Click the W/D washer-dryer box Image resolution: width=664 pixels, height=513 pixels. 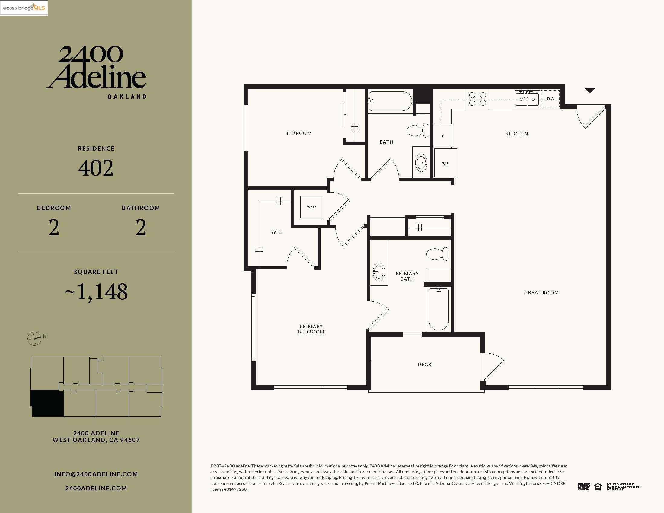click(311, 207)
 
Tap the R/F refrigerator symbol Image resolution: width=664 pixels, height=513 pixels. click(445, 163)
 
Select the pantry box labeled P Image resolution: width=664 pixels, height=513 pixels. click(443, 135)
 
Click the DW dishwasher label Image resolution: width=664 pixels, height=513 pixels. click(551, 98)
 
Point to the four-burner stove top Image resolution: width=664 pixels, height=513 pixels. click(477, 99)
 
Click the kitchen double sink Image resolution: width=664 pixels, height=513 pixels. click(527, 99)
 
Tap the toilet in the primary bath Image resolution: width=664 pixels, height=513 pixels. click(438, 253)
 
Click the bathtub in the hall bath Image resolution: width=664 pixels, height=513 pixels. click(390, 101)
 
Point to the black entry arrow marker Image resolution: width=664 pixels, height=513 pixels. click(589, 90)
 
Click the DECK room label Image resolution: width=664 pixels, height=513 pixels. click(424, 364)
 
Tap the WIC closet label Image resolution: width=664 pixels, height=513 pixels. click(276, 232)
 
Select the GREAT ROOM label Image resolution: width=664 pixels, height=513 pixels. click(541, 292)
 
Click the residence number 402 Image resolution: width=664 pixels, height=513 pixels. click(95, 168)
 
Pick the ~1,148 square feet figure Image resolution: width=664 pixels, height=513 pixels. click(96, 292)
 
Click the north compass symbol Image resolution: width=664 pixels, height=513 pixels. click(34, 338)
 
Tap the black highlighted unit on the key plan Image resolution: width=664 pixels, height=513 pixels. click(47, 403)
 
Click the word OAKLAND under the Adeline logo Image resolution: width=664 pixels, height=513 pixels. click(127, 97)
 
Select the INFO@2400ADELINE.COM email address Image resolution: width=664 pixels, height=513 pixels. click(96, 474)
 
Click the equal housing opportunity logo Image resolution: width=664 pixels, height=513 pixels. click(598, 486)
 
